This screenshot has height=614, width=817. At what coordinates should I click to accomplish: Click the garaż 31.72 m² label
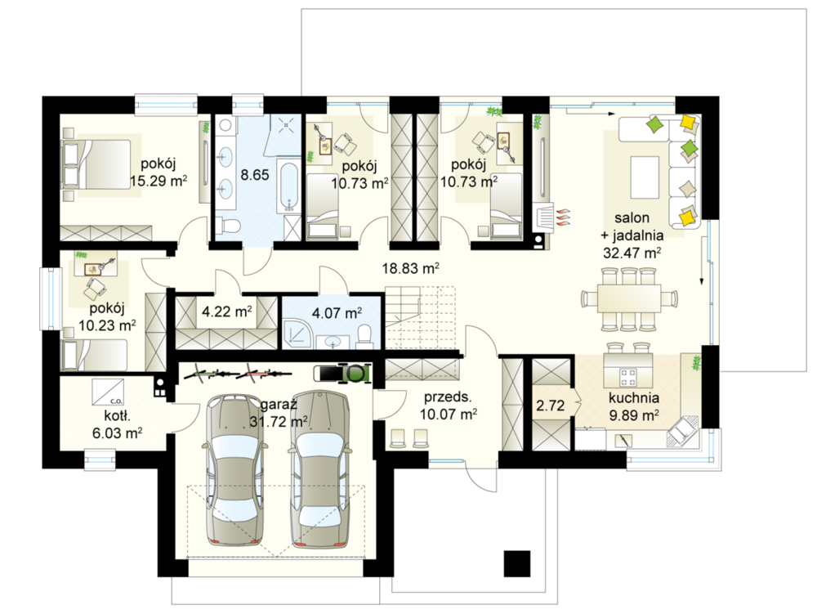point(279,414)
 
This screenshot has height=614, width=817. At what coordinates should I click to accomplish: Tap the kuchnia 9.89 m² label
point(634,406)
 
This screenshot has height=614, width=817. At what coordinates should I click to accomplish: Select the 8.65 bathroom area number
point(255,175)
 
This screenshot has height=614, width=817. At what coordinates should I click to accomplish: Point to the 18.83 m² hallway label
point(411,268)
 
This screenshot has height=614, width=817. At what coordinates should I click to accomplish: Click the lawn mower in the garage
point(343,372)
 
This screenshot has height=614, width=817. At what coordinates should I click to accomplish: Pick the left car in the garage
point(236,469)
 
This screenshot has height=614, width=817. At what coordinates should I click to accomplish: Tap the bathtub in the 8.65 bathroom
point(288,186)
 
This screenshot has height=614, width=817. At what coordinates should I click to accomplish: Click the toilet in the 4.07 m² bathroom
point(364,336)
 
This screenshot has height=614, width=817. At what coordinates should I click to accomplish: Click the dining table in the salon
point(629,298)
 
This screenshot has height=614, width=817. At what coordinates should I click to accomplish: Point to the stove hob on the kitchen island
point(627,376)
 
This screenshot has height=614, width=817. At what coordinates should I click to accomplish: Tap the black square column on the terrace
point(517,563)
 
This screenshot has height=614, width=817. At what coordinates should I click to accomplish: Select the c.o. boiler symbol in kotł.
point(109,392)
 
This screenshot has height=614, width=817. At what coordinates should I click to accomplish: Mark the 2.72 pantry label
point(550,405)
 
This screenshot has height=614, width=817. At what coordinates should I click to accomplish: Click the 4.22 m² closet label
point(226,311)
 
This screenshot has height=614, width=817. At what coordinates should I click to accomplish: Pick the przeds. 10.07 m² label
point(448,406)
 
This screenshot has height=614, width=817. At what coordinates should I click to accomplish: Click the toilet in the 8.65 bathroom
point(230,226)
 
